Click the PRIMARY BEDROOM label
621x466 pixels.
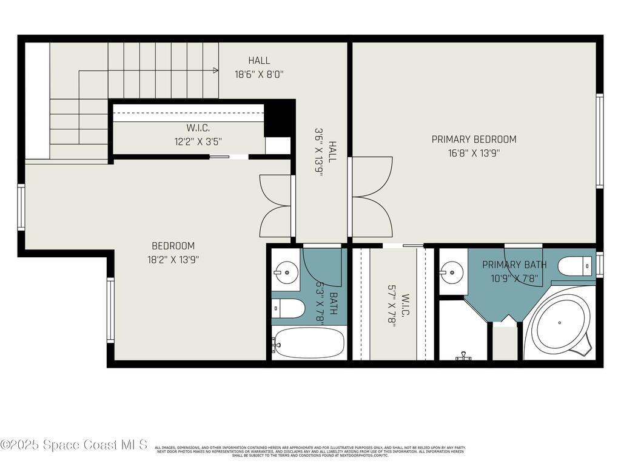pos(474,140)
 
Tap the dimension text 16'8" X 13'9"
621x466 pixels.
pos(474,153)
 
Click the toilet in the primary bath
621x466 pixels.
pos(574,266)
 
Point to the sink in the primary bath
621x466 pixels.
pos(452,271)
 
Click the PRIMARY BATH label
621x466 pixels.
pos(514,265)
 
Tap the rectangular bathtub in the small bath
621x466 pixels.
pos(309,343)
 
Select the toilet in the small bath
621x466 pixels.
pos(287,309)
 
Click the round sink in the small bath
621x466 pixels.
pos(286,272)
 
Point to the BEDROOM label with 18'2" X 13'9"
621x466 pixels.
pos(173,246)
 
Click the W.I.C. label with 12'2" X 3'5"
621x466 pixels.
pos(198,128)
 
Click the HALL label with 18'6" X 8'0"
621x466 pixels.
pos(259,61)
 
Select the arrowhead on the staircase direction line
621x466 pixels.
pos(215,70)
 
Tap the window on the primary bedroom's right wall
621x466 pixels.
pos(599,141)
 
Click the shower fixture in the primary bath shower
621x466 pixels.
pos(465,356)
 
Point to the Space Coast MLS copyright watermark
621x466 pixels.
pos(74,445)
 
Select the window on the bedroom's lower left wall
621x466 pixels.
pos(110,309)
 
